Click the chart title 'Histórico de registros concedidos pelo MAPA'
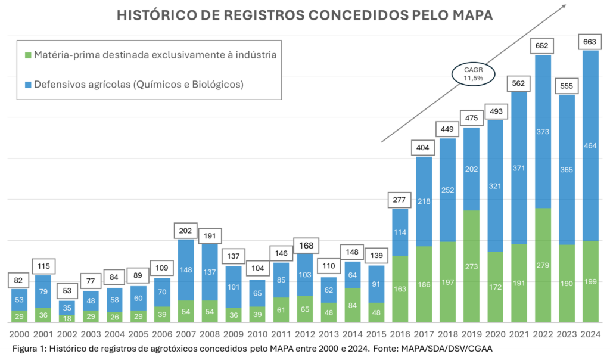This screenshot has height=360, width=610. [304, 15]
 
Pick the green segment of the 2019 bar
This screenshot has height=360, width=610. [471, 265]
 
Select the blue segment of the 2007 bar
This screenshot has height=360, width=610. [186, 269]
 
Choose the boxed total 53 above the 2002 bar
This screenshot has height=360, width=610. [67, 290]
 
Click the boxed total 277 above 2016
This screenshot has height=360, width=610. [400, 199]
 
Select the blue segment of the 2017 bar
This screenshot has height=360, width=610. [424, 201]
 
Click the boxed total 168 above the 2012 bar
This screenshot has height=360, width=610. [305, 244]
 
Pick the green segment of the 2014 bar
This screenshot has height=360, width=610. [353, 305]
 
